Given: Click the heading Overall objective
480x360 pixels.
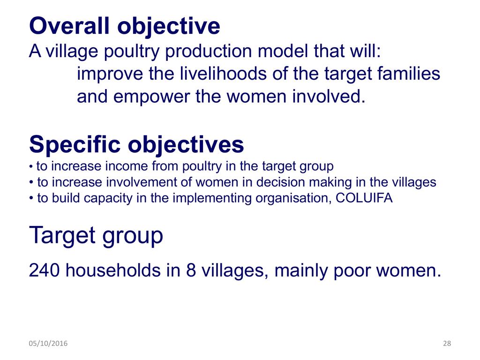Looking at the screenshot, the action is coord(125,26).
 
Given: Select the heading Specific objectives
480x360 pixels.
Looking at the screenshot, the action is coord(136,145).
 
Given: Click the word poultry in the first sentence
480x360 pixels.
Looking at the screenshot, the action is coord(132,52).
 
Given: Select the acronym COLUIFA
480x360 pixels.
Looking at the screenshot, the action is coord(364,198).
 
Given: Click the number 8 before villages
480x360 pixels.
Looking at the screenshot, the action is coord(191,270).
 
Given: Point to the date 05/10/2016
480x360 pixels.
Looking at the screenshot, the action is coord(48,343).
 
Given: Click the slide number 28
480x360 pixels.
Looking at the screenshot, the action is coord(447,343).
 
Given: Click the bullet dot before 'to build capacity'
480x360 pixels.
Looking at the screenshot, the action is coord(31,198).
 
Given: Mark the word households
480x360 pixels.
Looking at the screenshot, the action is coord(113,270).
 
